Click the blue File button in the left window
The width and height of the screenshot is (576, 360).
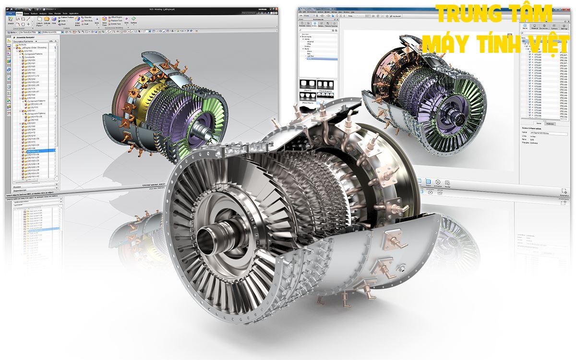[10, 13]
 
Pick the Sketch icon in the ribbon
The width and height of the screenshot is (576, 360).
[11, 21]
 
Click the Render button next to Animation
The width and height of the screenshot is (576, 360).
[447, 184]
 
